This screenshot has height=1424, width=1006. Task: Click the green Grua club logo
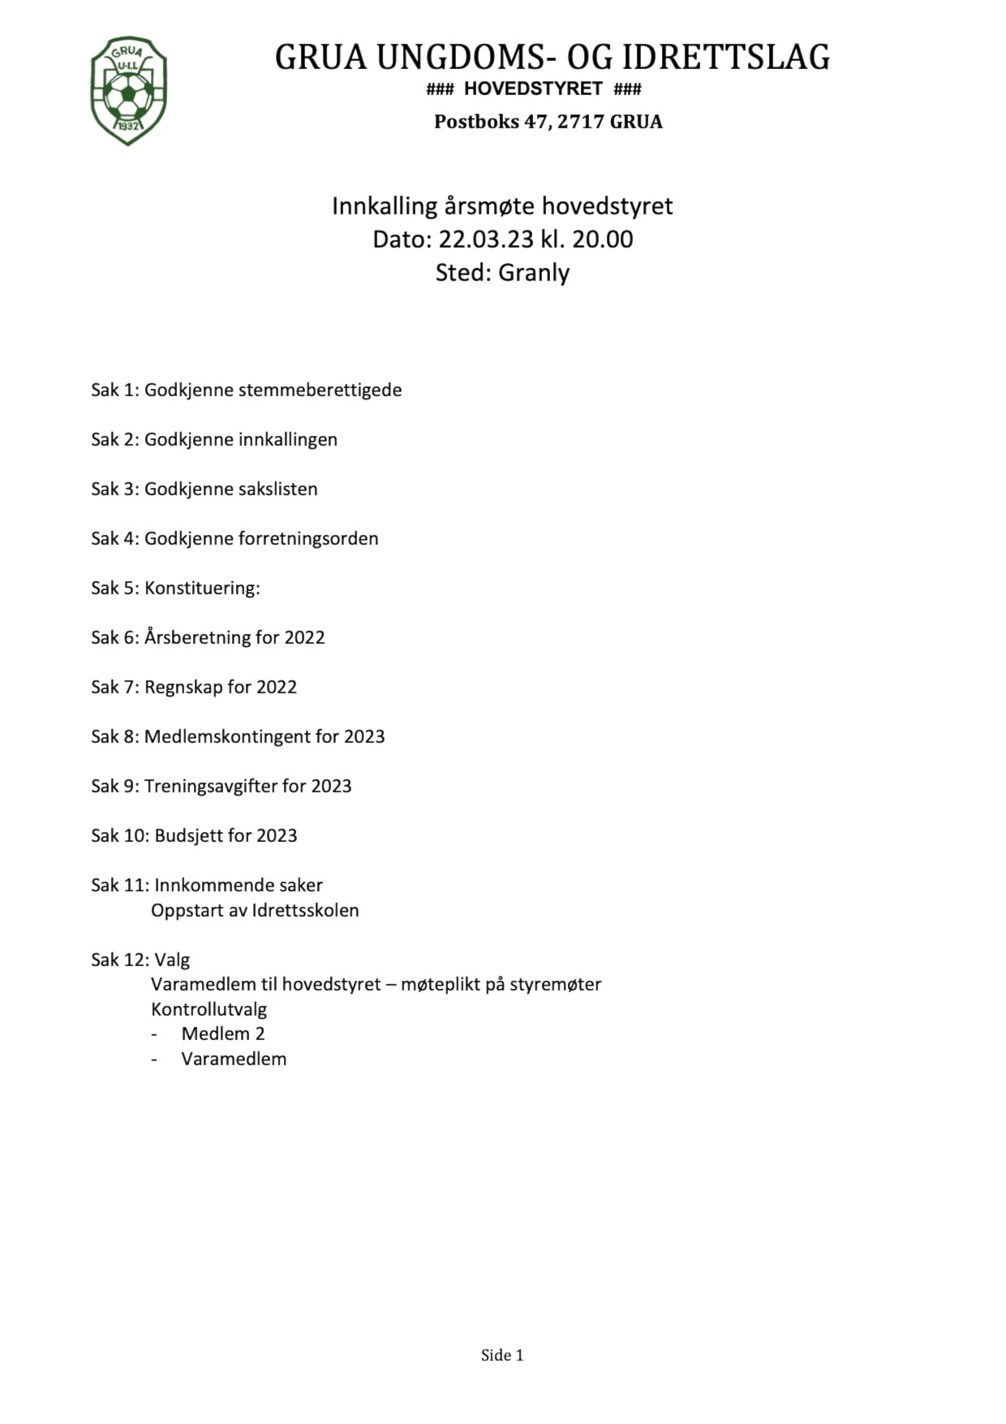(x=128, y=91)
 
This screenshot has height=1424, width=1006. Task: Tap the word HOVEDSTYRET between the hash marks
(x=533, y=88)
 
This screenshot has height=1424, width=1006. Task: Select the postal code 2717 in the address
(x=581, y=122)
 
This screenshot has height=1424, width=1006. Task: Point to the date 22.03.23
(x=486, y=239)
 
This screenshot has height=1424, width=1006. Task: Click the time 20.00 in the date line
(x=603, y=239)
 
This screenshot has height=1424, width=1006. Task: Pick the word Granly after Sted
(x=534, y=273)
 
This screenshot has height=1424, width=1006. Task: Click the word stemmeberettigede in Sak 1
(x=320, y=391)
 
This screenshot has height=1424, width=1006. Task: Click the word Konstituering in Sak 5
(x=201, y=589)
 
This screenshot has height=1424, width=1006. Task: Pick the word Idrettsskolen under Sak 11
(x=306, y=911)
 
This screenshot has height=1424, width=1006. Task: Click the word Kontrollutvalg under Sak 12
(x=209, y=1010)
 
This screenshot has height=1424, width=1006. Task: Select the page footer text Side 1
(x=502, y=1355)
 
